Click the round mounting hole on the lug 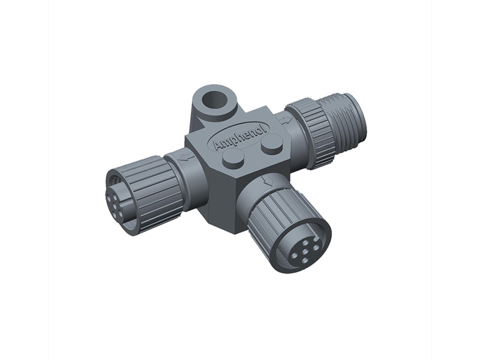[216, 100]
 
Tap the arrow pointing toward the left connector [187, 157]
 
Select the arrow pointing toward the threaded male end [286, 121]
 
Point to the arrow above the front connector [268, 181]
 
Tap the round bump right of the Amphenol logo [272, 143]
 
